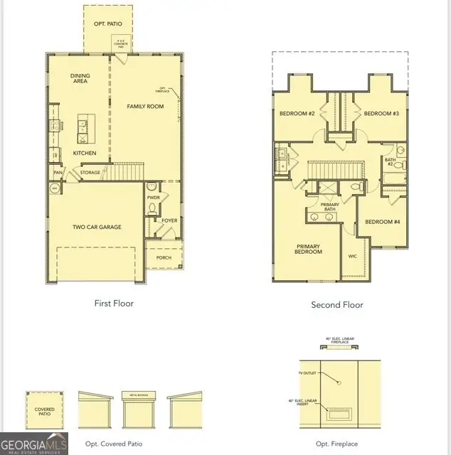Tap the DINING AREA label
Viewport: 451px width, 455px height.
(x=80, y=79)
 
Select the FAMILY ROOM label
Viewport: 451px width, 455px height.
(x=145, y=107)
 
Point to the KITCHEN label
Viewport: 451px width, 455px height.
(x=85, y=153)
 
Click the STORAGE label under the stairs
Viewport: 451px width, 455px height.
(x=90, y=172)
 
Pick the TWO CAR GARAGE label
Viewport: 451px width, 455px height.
(x=97, y=227)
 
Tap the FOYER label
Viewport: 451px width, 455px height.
(x=169, y=221)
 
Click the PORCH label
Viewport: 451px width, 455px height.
(x=163, y=257)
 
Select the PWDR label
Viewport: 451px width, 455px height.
(x=153, y=197)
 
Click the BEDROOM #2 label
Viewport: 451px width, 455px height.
(x=297, y=114)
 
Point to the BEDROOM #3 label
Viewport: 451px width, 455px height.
(x=381, y=114)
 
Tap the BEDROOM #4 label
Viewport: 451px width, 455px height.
(x=383, y=222)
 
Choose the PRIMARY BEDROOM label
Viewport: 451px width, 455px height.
(x=308, y=250)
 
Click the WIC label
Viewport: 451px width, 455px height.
(x=352, y=256)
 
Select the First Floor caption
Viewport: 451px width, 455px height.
(x=114, y=304)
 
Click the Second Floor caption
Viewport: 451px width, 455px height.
(x=337, y=305)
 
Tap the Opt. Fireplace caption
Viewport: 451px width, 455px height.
(x=337, y=444)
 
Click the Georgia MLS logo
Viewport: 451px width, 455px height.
(x=34, y=443)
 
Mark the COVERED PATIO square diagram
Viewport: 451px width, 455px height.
(x=44, y=409)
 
